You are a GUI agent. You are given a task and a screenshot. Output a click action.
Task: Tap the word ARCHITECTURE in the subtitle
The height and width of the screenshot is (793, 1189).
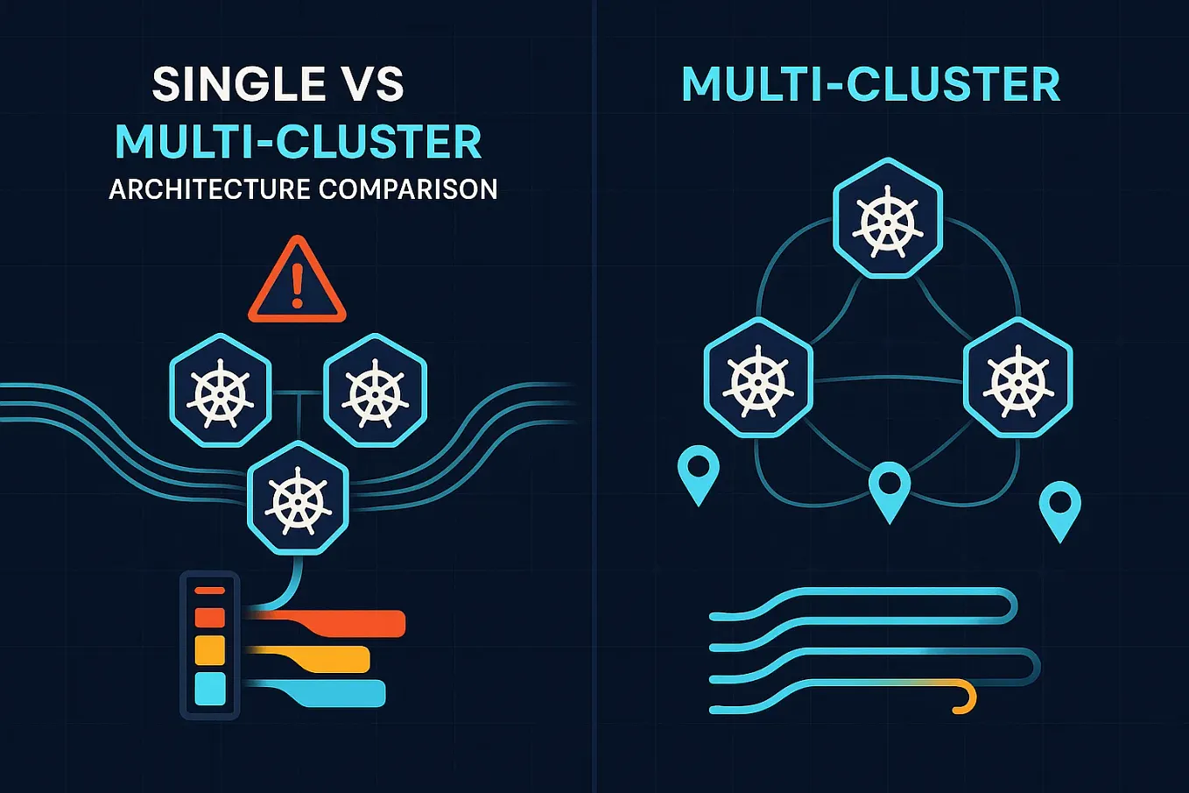click(209, 189)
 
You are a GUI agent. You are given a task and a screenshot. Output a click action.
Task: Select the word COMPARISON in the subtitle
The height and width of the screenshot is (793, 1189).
click(408, 189)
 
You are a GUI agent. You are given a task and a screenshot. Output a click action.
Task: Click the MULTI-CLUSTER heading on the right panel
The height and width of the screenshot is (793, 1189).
click(870, 85)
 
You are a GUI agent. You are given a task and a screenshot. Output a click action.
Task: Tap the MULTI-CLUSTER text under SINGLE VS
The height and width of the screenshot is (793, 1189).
click(299, 143)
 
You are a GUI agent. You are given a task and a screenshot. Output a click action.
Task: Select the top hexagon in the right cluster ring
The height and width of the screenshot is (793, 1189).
click(888, 218)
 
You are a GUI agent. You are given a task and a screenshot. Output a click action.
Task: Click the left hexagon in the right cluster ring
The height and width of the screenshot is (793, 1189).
click(758, 378)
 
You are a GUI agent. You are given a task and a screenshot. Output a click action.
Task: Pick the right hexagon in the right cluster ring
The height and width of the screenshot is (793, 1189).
click(1017, 378)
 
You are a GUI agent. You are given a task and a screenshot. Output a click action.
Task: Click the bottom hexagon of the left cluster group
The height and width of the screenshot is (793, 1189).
click(298, 499)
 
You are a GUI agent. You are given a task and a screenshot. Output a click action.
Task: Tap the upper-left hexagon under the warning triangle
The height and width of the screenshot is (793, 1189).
click(220, 390)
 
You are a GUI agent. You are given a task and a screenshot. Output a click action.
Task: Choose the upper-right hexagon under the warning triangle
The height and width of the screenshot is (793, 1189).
click(375, 390)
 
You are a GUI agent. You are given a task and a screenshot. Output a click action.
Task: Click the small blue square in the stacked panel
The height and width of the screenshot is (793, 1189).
click(210, 689)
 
